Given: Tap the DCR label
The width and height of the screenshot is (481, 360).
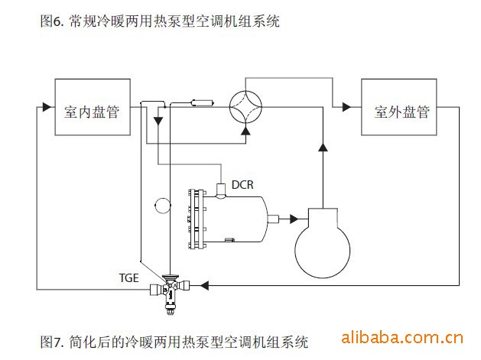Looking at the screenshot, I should tap(242, 184).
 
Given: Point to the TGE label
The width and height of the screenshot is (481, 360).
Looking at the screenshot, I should tap(128, 278).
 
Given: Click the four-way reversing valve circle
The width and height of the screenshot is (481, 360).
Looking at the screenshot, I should tap(247, 106).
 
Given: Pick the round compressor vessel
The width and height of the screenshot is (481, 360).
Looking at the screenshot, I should tap(323, 243).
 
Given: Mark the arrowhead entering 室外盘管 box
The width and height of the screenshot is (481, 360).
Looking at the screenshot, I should tap(346, 107).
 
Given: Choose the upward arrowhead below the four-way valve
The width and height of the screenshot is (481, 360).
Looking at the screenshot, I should tap(245, 131).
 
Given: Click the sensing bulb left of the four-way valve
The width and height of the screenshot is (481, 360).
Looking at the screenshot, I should tap(201, 102).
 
